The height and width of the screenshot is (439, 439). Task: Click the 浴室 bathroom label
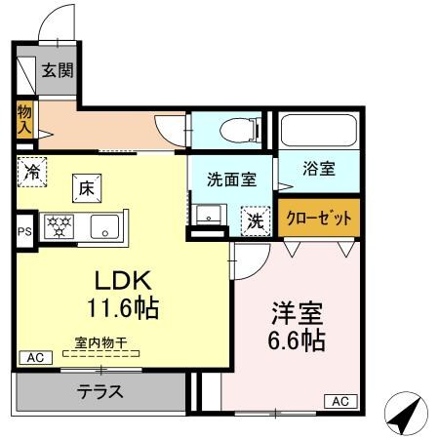click(x=319, y=168)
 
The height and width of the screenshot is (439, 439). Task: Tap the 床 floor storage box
click(x=86, y=186)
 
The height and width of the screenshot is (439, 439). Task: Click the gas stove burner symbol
click(x=60, y=227)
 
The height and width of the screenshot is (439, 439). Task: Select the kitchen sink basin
click(x=102, y=227)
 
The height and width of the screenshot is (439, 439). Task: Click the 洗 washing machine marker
click(x=255, y=221)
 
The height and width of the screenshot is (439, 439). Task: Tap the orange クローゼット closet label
click(x=319, y=218)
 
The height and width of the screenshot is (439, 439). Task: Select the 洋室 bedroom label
click(x=297, y=314)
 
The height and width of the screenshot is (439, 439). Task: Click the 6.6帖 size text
click(x=297, y=341)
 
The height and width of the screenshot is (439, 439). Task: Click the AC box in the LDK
click(x=35, y=357)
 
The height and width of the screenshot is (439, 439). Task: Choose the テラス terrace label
click(x=100, y=392)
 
